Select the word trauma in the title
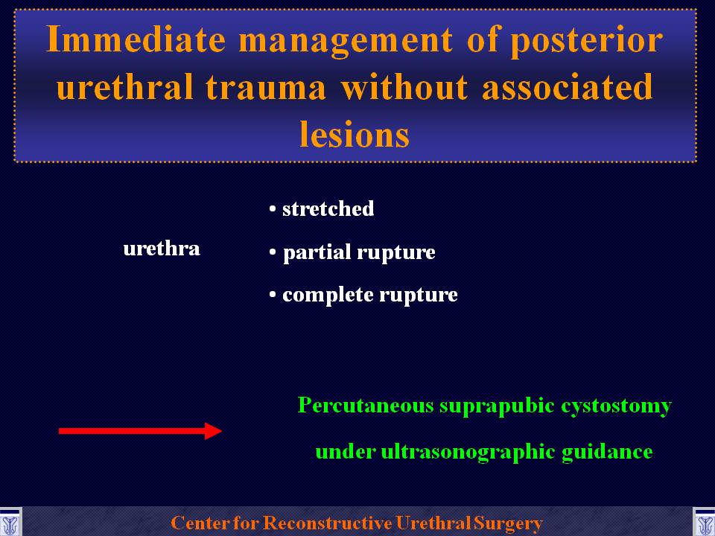point(266,86)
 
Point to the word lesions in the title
point(355,134)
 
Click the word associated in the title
point(568,86)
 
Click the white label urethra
point(162,249)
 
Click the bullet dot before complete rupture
point(273,295)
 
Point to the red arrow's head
point(213,431)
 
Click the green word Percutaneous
point(365,405)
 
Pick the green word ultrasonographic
point(468,453)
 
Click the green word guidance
point(607,453)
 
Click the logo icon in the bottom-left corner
point(10,523)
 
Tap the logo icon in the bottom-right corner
point(704,523)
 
